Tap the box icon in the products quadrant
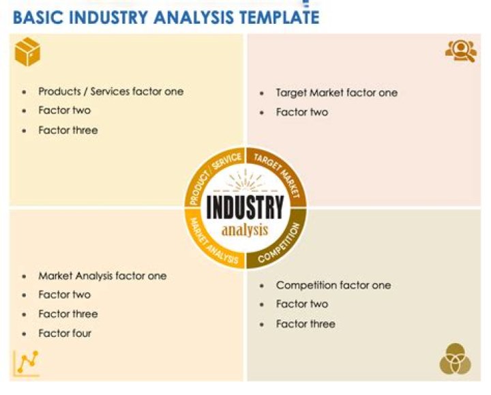27,52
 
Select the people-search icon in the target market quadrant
460,51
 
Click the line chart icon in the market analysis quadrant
27,362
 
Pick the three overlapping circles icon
455,359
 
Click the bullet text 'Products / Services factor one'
110,91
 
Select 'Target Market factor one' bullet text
336,93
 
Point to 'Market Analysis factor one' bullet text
102,276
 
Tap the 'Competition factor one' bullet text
333,285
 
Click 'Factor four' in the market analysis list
65,333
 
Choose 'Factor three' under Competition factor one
306,323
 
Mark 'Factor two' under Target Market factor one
301,112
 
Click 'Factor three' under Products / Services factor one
68,130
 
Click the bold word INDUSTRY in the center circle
245,207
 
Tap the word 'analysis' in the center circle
245,229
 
